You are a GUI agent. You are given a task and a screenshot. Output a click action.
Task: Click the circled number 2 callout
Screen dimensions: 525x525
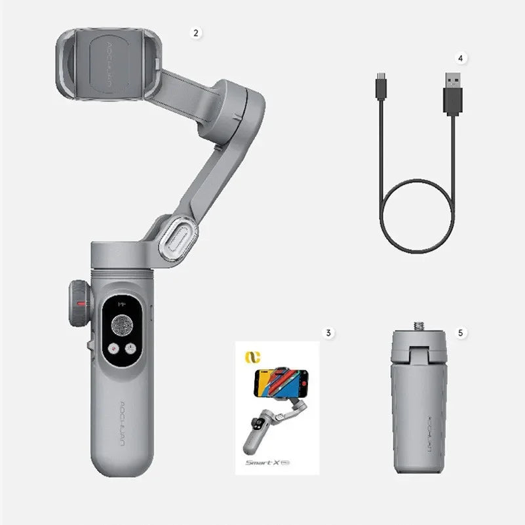195,31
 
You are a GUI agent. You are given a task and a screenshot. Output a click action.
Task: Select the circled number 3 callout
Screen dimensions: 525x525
329,332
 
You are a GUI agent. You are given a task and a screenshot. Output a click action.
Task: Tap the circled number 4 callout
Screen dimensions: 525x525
460,58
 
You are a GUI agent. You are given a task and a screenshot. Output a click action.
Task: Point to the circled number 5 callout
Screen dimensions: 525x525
460,332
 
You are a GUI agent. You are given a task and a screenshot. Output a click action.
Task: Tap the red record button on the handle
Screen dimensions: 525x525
113,349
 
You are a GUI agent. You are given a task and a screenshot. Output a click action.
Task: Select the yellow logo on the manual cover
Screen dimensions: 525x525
249,356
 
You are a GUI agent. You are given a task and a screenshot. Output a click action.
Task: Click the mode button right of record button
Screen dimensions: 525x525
130,349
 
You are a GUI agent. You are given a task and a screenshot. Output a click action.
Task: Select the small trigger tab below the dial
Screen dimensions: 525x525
87,345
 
